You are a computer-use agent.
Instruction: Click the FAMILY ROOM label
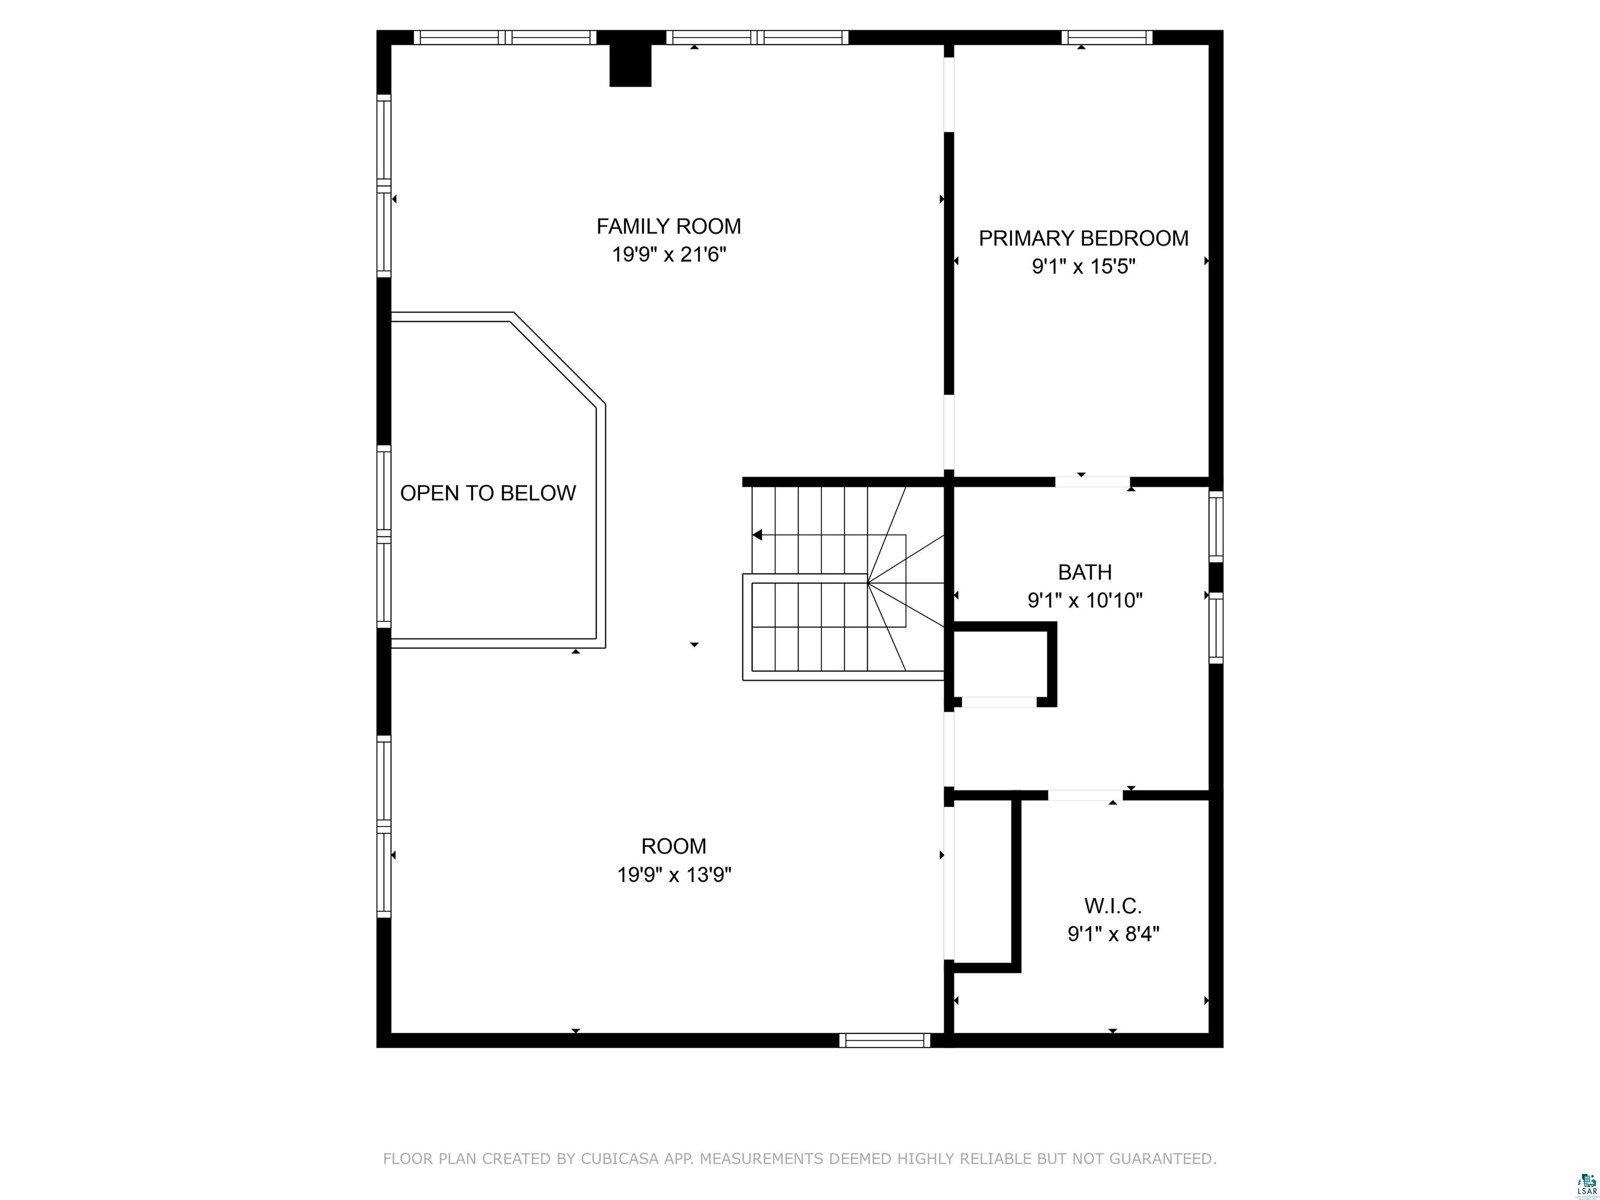pyautogui.click(x=668, y=227)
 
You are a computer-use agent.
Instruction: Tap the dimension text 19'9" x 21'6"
pyautogui.click(x=668, y=255)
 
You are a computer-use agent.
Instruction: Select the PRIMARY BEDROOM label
pyautogui.click(x=1083, y=238)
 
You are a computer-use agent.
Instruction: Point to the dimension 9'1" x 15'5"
pyautogui.click(x=1083, y=267)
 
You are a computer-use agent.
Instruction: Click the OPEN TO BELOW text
pyautogui.click(x=488, y=493)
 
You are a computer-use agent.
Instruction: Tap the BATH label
pyautogui.click(x=1084, y=572)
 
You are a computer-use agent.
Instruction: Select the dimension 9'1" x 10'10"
pyautogui.click(x=1084, y=601)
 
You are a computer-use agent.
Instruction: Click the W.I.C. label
pyautogui.click(x=1112, y=906)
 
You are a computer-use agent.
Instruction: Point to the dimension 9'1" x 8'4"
pyautogui.click(x=1112, y=934)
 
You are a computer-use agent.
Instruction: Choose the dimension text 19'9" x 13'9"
pyautogui.click(x=673, y=875)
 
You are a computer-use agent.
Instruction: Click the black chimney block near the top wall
pyautogui.click(x=630, y=65)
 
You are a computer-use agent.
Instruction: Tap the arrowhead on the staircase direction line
pyautogui.click(x=757, y=535)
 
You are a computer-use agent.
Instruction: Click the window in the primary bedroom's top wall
pyautogui.click(x=1107, y=37)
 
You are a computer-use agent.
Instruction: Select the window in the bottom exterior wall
pyautogui.click(x=884, y=1040)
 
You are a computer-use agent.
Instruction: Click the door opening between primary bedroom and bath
pyautogui.click(x=1092, y=482)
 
